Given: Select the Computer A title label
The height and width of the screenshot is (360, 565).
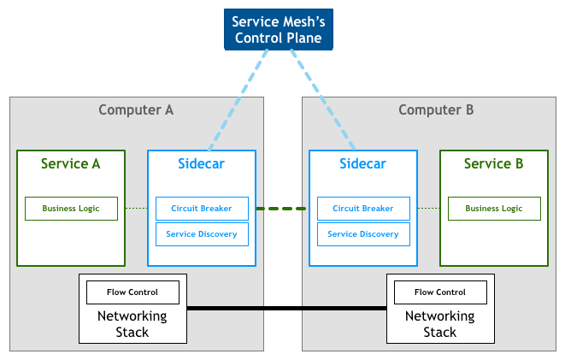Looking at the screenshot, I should (x=136, y=109).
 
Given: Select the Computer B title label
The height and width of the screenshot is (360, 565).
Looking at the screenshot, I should (x=436, y=109).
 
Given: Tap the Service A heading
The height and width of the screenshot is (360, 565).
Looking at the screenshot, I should (x=71, y=163).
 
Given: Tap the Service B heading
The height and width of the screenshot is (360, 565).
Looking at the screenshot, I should (x=493, y=163).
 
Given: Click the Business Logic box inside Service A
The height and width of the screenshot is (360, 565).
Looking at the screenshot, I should (x=71, y=209).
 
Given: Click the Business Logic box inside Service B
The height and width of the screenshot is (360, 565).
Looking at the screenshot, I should (x=493, y=209).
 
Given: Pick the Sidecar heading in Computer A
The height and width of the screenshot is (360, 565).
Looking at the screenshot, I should (x=201, y=163).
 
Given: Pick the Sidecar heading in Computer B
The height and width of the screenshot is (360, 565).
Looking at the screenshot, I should (x=362, y=163).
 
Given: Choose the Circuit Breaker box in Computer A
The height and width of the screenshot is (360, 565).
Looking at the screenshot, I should (x=202, y=209).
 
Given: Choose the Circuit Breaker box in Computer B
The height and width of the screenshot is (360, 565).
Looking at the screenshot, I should (x=362, y=209).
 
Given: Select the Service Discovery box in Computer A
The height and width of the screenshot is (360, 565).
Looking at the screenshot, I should (x=202, y=234).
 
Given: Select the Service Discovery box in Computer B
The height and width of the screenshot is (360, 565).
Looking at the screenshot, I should (x=362, y=234).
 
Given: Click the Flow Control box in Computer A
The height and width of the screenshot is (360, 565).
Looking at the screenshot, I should (x=133, y=292).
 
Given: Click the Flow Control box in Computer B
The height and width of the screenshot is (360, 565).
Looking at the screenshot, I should (x=440, y=292).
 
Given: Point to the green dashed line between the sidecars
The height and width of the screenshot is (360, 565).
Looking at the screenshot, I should (x=282, y=209).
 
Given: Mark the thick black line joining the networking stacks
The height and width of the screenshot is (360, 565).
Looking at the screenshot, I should (x=286, y=308).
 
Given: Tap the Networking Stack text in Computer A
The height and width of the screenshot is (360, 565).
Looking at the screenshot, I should (x=132, y=324).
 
